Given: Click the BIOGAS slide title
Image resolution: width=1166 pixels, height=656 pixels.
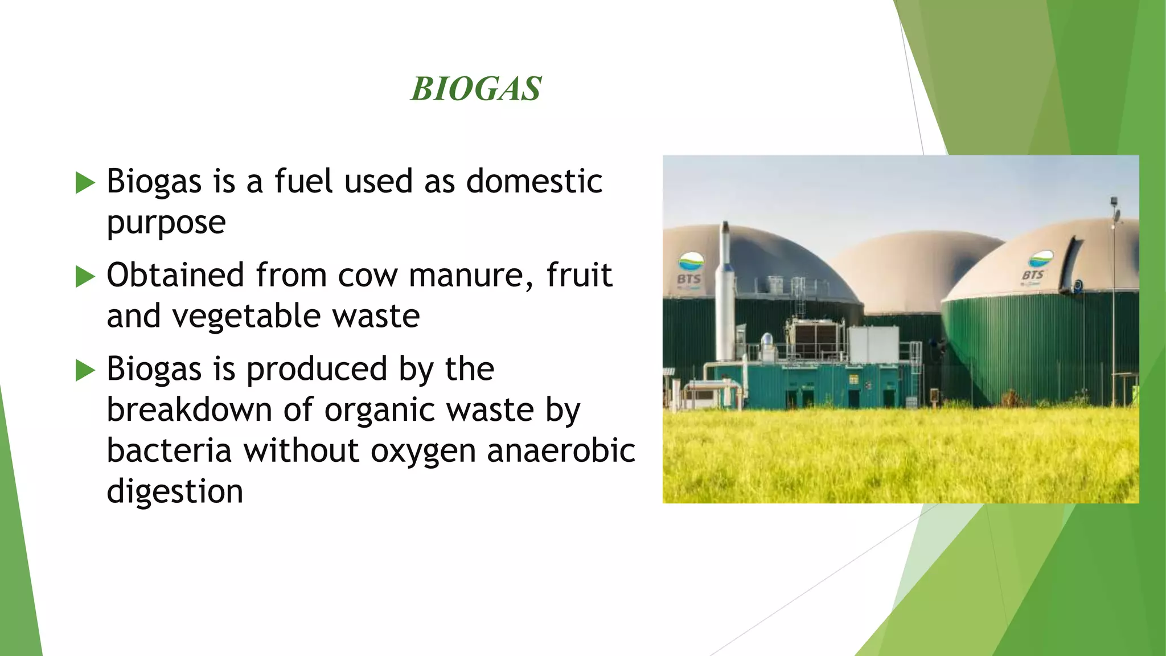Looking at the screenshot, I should point(476,89).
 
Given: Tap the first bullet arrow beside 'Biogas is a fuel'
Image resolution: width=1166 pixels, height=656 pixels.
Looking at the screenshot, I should point(85,183).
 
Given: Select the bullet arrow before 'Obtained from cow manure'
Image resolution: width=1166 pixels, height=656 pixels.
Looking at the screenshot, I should point(85,277).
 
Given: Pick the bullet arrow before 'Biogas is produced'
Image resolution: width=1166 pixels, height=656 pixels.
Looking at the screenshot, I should point(85,371).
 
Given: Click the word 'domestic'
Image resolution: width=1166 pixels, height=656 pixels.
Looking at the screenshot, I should point(534,182).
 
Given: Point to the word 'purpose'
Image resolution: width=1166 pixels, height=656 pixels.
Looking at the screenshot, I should point(166,223).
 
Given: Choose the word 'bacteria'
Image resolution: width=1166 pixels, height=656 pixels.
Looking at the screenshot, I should point(169,451).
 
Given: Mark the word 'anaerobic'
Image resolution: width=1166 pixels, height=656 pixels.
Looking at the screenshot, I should point(561,451).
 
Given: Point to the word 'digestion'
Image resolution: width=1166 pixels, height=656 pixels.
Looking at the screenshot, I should point(175,491).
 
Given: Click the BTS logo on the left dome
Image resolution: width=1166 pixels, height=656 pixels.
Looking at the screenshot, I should point(689,270).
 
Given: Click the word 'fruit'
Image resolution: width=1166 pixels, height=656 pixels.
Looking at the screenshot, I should point(579,275).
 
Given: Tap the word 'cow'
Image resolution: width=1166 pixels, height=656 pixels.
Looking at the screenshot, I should point(368,276).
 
